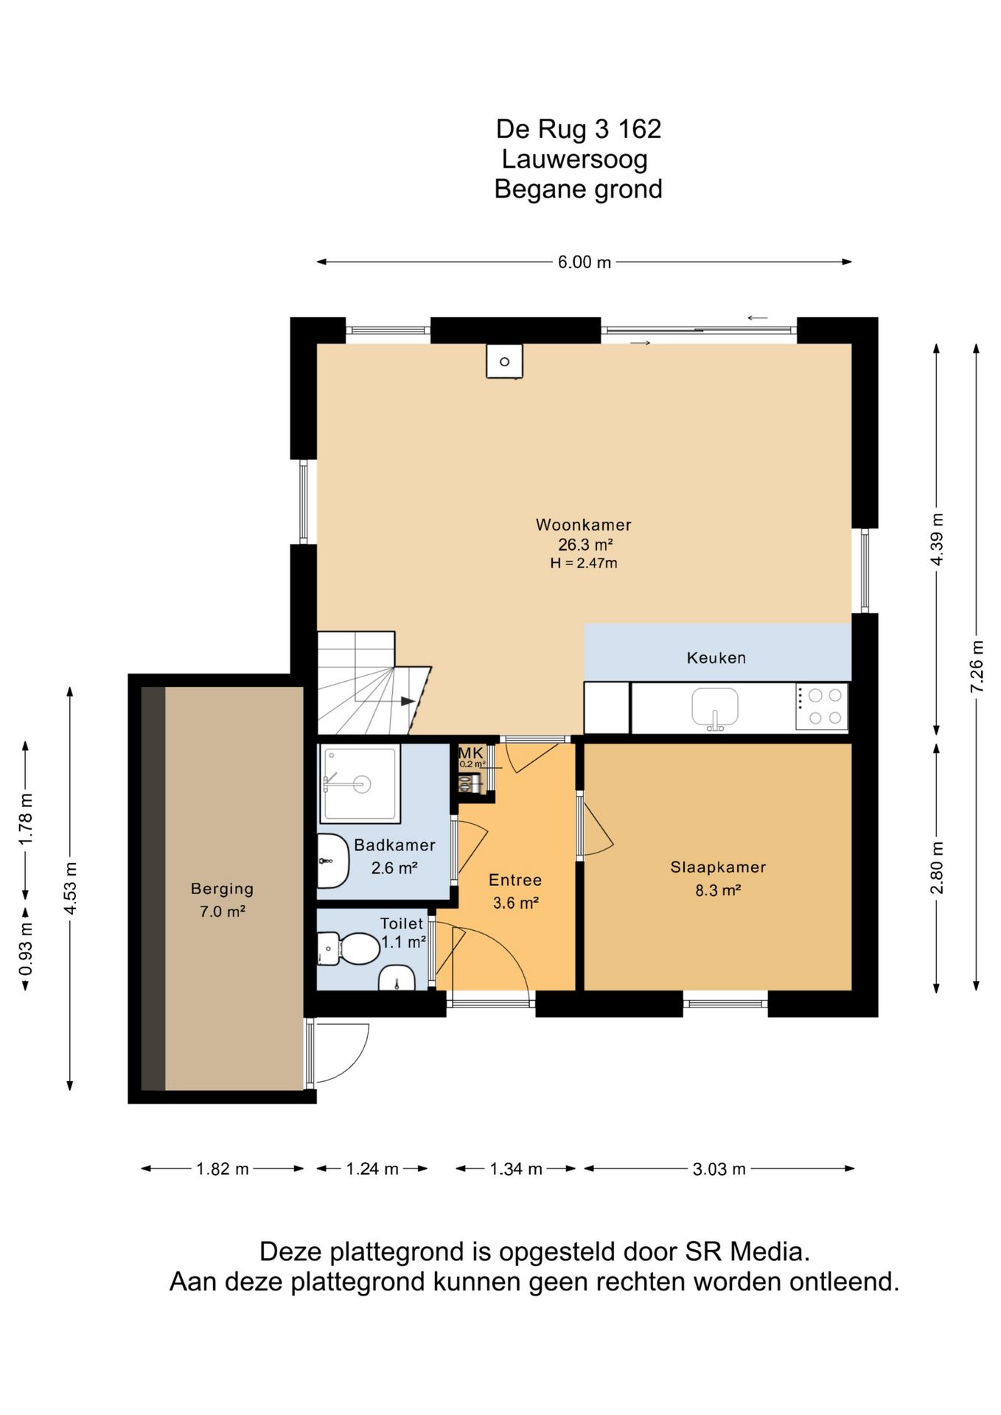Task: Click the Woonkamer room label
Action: click(x=583, y=525)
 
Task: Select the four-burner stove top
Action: click(x=822, y=707)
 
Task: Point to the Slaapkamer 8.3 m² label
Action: click(x=718, y=878)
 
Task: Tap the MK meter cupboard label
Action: click(x=471, y=753)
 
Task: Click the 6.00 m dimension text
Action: click(x=585, y=262)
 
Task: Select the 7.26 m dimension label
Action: click(x=977, y=666)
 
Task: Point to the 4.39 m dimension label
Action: click(x=937, y=539)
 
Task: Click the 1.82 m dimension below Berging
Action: click(x=223, y=1169)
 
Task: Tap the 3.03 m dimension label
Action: click(x=719, y=1169)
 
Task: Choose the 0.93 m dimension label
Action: click(x=27, y=949)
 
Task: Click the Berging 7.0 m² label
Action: click(x=222, y=900)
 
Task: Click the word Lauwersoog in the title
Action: click(x=575, y=159)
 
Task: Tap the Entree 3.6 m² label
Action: click(x=515, y=891)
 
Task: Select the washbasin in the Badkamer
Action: click(x=332, y=862)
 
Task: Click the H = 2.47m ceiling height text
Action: click(x=584, y=563)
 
